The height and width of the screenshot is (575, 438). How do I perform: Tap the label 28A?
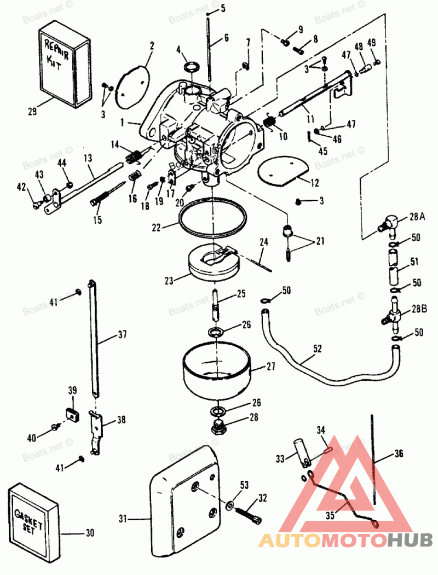pos(417,217)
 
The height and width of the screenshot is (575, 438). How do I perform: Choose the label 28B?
pos(418,309)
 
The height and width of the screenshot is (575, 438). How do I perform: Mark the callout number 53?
pos(244,484)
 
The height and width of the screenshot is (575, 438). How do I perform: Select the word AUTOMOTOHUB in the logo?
pos(345,541)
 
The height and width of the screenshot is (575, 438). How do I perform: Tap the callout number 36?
pos(399,454)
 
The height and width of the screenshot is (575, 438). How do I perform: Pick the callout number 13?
pos(88,158)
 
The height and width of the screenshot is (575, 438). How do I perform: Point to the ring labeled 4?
pos(190,67)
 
